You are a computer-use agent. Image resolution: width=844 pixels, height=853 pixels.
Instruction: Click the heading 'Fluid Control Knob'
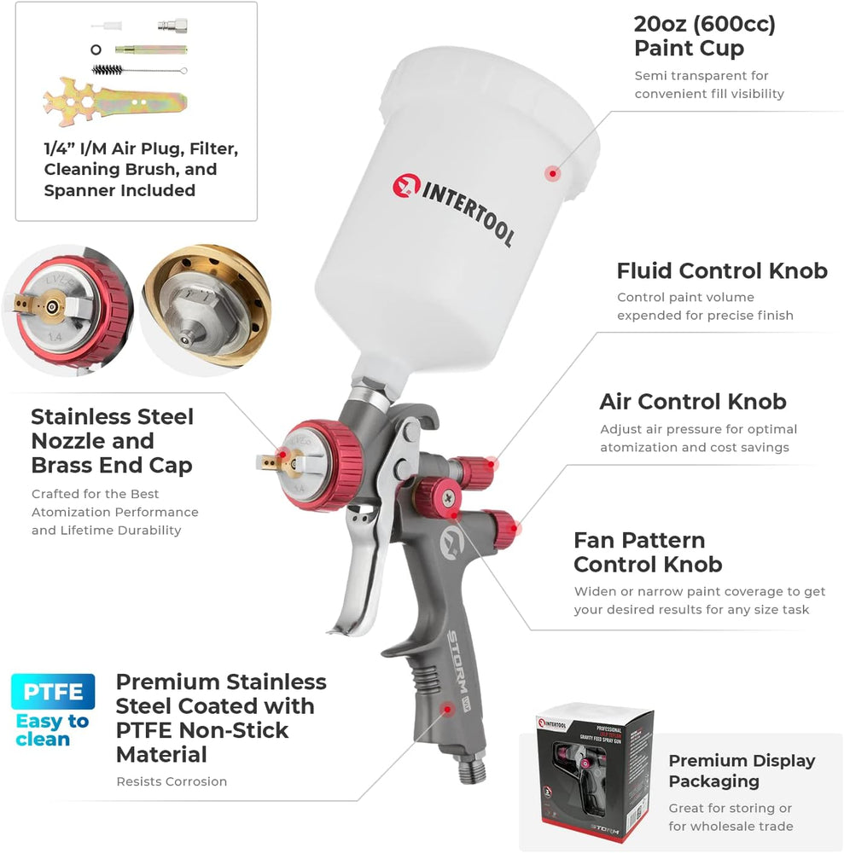pyautogui.click(x=722, y=270)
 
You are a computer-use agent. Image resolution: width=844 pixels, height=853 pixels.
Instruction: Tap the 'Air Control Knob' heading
pyautogui.click(x=693, y=401)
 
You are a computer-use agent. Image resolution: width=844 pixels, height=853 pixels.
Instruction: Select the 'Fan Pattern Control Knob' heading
pyautogui.click(x=648, y=552)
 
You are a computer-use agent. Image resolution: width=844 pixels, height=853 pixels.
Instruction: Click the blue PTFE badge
pyautogui.click(x=53, y=692)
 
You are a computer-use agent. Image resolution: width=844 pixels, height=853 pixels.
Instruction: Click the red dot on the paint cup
pyautogui.click(x=553, y=173)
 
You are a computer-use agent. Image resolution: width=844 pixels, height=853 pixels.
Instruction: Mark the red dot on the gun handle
pyautogui.click(x=446, y=708)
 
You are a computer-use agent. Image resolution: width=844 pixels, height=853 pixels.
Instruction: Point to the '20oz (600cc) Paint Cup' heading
pyautogui.click(x=705, y=36)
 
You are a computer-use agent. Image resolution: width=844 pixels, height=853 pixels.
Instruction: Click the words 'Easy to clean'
pyautogui.click(x=52, y=730)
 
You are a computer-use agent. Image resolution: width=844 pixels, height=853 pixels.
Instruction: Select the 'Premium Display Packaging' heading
pyautogui.click(x=742, y=770)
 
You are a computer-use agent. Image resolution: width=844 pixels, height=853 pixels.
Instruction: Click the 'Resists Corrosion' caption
pyautogui.click(x=172, y=781)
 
